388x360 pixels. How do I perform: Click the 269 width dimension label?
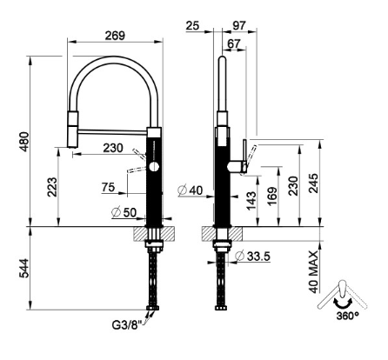(x=115, y=36)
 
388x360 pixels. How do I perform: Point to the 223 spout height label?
(x=52, y=187)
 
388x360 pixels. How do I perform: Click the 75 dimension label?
(x=109, y=187)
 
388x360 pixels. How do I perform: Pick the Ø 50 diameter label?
(x=124, y=212)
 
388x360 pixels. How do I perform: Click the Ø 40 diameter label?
(x=191, y=190)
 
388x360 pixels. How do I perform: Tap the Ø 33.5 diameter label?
(x=252, y=256)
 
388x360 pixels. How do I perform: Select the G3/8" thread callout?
(x=126, y=324)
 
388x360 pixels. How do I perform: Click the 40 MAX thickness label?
(x=313, y=272)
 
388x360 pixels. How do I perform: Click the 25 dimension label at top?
(x=193, y=26)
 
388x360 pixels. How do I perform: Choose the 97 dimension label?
(x=239, y=25)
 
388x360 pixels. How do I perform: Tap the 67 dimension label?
(x=234, y=43)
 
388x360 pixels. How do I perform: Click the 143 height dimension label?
(x=251, y=201)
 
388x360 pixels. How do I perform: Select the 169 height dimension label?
(x=272, y=197)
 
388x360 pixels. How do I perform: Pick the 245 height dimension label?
(x=313, y=183)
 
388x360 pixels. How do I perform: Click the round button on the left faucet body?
(x=154, y=167)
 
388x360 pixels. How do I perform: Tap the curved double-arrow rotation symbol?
(x=343, y=303)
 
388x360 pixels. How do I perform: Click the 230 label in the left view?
(x=113, y=148)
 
